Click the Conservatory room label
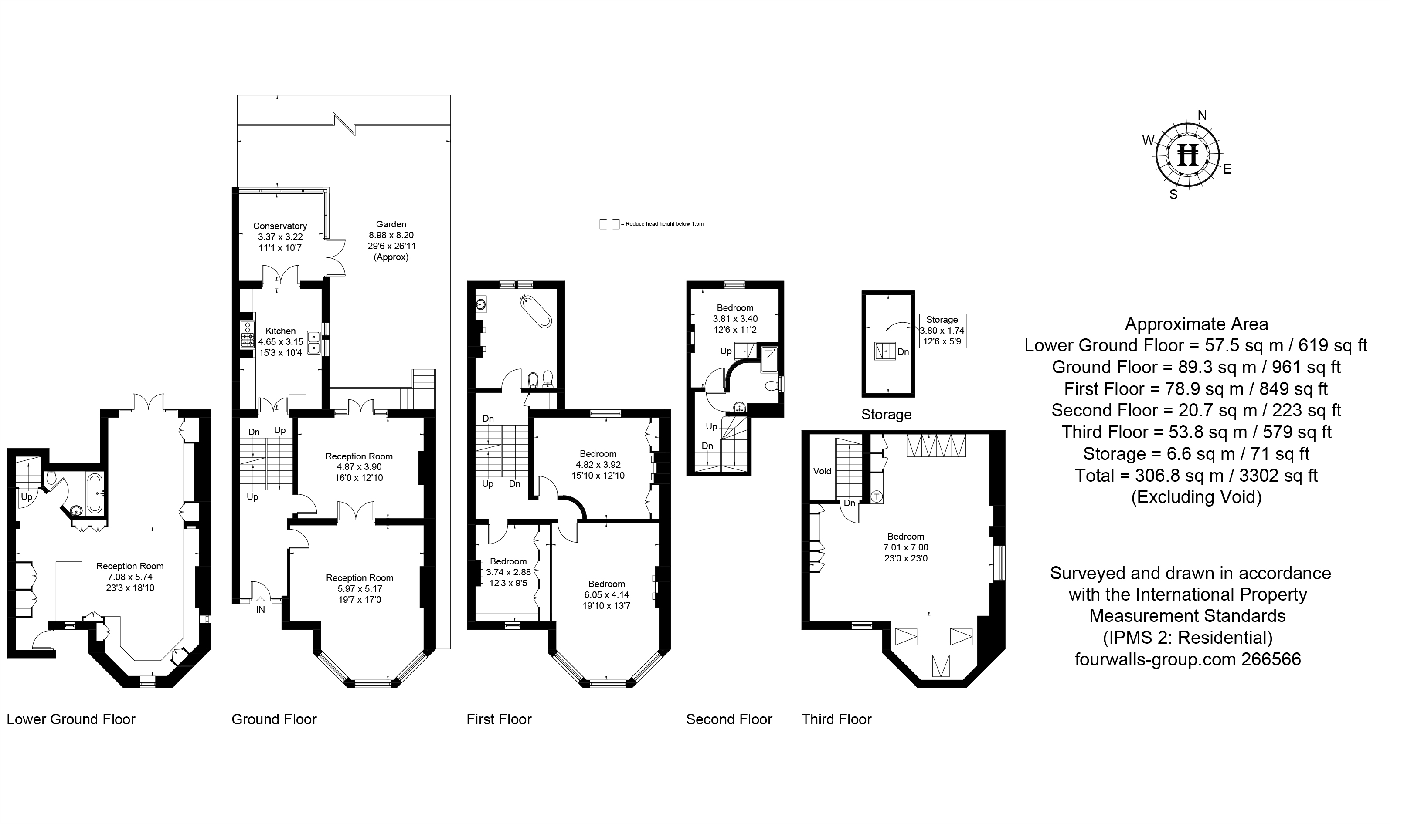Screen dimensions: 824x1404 click(x=280, y=226)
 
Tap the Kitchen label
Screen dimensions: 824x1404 click(x=280, y=331)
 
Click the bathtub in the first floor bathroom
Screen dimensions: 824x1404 click(x=537, y=312)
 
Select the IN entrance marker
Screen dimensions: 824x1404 click(x=260, y=609)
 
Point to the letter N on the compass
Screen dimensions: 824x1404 click(x=1202, y=115)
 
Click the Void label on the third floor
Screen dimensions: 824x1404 click(x=822, y=471)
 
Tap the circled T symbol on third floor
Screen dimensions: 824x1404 click(x=877, y=496)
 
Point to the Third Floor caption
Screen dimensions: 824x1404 click(x=836, y=719)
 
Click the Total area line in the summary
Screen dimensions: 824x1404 click(x=1196, y=476)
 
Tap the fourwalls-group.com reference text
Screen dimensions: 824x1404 click(x=1187, y=659)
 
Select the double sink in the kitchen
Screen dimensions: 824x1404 click(x=314, y=342)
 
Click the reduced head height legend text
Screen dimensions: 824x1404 click(x=664, y=224)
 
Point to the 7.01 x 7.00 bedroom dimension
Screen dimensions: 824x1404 click(x=905, y=547)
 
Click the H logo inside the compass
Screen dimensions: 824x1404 click(x=1187, y=154)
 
